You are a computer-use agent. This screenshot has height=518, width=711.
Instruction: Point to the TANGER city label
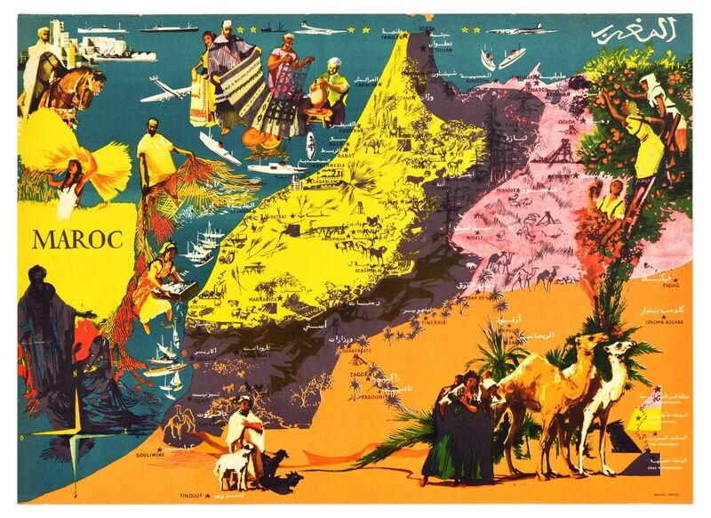[390, 38]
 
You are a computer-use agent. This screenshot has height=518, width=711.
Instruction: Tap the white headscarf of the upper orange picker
[649, 82]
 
